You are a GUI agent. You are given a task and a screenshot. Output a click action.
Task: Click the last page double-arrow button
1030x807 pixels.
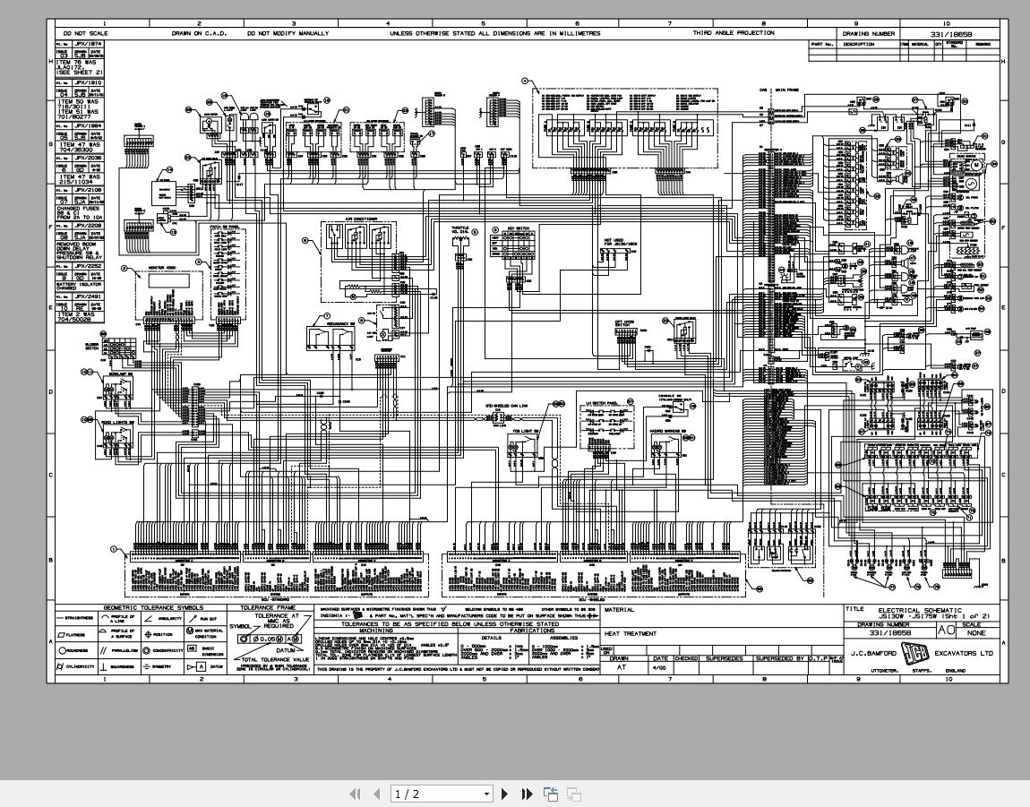click(x=527, y=794)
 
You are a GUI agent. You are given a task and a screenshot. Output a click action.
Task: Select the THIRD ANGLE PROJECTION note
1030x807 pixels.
click(x=734, y=33)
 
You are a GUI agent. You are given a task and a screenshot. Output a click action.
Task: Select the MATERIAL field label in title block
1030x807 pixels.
click(x=620, y=610)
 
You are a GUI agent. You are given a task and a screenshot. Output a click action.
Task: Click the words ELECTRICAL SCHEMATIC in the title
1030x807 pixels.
click(x=920, y=610)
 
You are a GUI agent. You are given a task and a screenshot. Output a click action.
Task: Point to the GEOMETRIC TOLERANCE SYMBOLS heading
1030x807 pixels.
click(x=153, y=607)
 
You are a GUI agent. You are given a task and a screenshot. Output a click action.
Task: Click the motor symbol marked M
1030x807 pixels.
click(x=977, y=165)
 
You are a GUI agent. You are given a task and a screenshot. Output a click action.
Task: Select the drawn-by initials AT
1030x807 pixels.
click(x=622, y=667)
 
